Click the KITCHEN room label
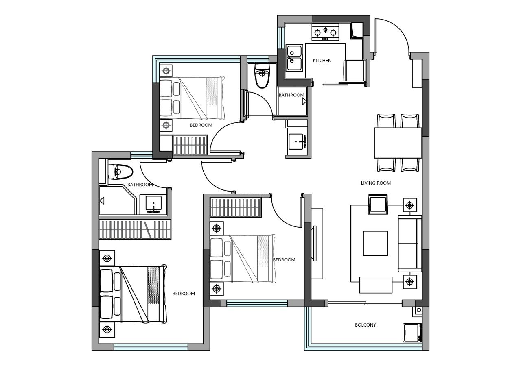322,61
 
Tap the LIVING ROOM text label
376,183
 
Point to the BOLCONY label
365,325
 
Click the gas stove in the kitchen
325,32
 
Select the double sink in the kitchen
294,58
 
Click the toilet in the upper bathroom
262,75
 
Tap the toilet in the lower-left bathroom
120,172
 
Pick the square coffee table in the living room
375,243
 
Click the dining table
398,143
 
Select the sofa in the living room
410,244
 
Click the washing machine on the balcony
412,333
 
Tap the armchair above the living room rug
378,205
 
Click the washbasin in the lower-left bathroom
153,205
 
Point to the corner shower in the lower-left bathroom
118,200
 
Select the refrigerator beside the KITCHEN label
354,71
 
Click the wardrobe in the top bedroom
190,145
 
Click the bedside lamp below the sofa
409,282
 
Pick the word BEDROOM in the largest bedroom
184,294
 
